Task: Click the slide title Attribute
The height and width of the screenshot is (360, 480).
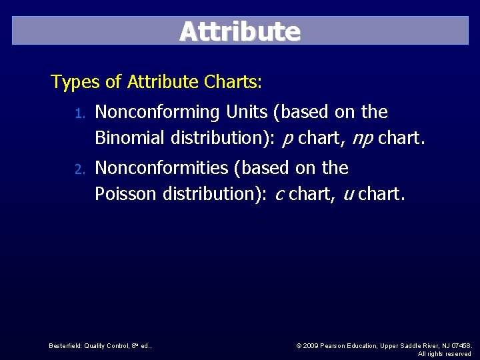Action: (x=240, y=31)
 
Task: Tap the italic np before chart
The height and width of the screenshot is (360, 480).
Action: (x=363, y=139)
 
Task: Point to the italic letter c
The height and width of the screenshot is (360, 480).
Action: (x=279, y=195)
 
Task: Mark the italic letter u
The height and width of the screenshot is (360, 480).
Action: (x=348, y=195)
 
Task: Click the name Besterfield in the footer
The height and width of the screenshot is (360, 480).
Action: (x=65, y=345)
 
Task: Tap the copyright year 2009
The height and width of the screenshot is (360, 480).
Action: (x=312, y=345)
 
